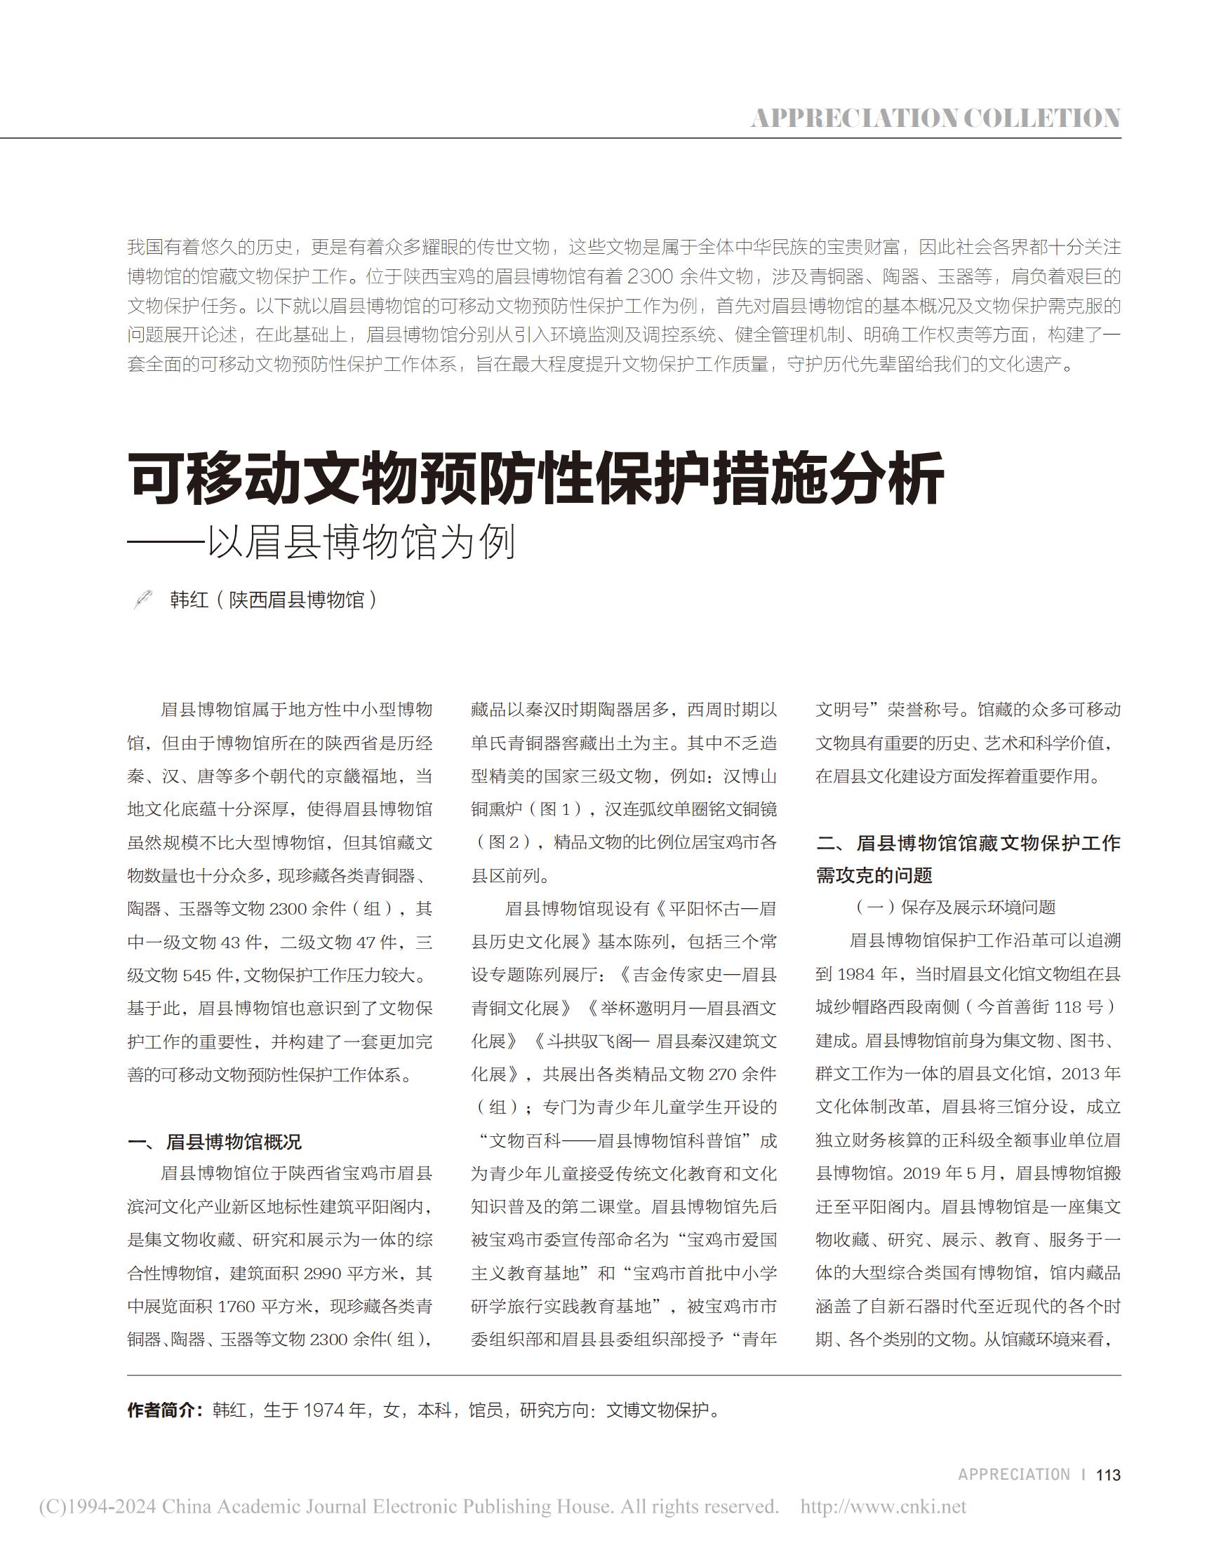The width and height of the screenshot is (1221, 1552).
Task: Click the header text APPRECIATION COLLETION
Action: (x=935, y=118)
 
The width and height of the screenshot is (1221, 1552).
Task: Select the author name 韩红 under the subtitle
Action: (x=189, y=600)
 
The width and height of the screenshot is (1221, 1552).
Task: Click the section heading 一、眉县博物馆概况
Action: (x=215, y=1141)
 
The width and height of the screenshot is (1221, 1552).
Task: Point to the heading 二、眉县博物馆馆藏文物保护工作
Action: (x=968, y=842)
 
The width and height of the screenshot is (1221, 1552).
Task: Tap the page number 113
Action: (x=1108, y=1474)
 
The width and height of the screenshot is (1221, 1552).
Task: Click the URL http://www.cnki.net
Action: (x=883, y=1506)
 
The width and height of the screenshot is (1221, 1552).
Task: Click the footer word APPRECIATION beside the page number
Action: (x=1014, y=1474)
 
